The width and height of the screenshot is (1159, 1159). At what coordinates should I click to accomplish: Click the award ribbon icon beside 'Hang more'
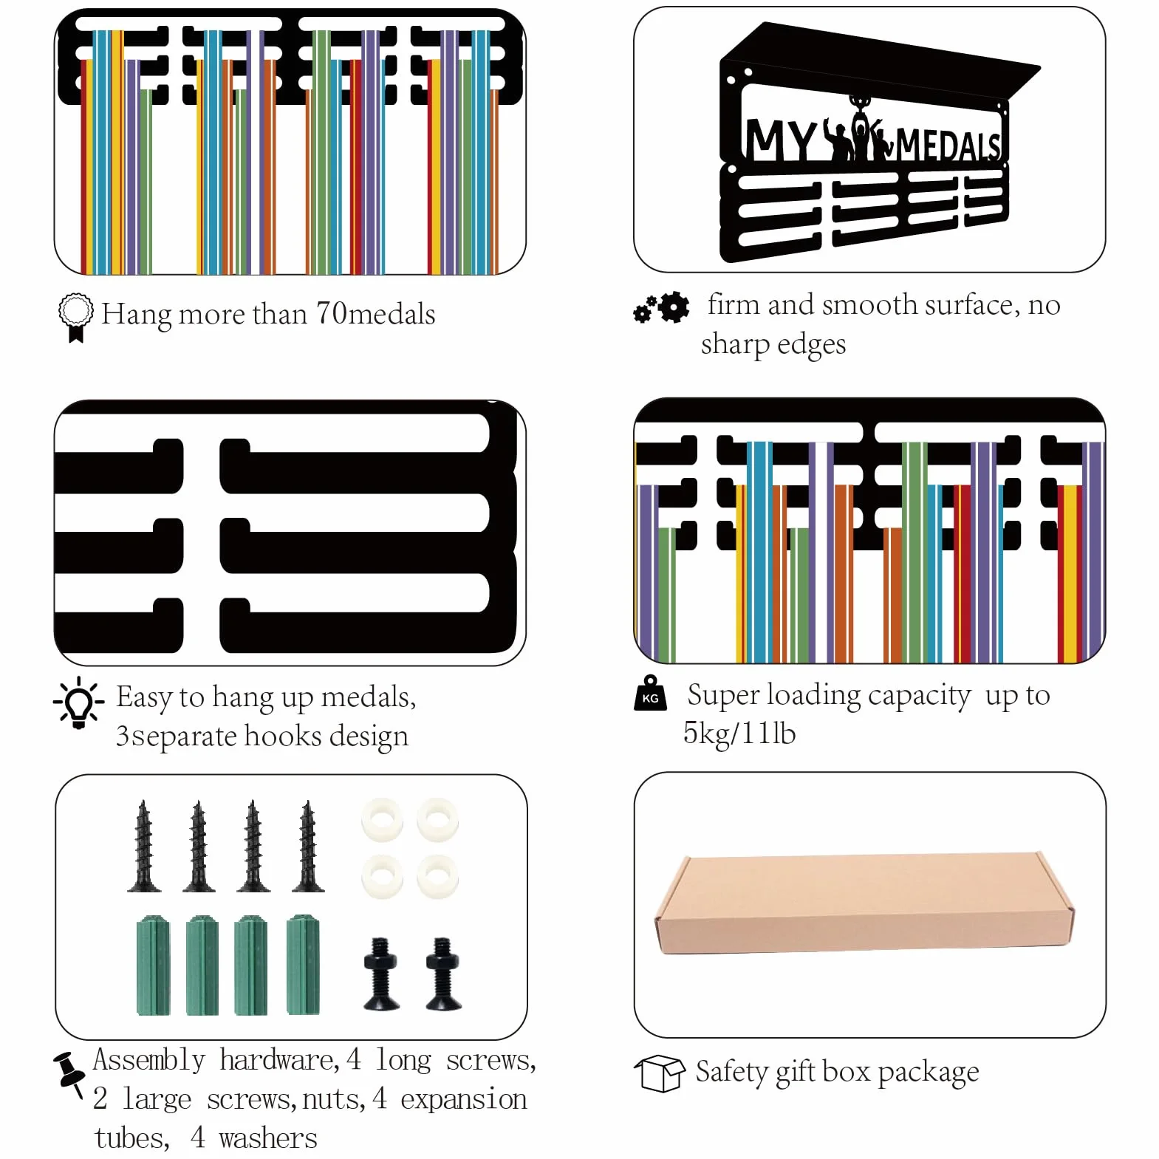tap(75, 317)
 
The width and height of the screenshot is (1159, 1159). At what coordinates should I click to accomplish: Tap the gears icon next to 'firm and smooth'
tap(661, 307)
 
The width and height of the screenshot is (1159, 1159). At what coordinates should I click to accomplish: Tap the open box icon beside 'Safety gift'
tap(660, 1073)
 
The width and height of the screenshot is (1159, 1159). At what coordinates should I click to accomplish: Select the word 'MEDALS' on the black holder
tap(948, 145)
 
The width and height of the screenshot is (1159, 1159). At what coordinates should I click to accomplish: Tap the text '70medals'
tap(375, 314)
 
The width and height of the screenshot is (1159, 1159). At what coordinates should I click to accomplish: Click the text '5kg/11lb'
tap(739, 734)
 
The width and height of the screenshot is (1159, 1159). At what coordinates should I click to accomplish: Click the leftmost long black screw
tap(144, 846)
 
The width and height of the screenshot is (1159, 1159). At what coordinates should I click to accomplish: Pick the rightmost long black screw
tap(307, 846)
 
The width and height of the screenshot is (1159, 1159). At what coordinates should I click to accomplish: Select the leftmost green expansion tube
tap(153, 965)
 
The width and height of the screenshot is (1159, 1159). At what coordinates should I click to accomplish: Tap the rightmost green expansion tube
tap(303, 964)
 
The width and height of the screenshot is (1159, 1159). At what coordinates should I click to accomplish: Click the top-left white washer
tap(382, 819)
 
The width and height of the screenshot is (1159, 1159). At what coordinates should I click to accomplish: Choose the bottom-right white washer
tap(437, 877)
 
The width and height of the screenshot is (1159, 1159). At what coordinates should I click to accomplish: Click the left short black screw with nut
tap(381, 974)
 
